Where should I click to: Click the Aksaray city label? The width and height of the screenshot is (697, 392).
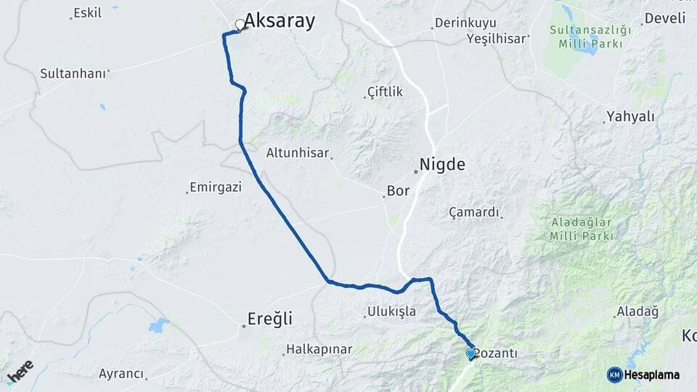[x=280, y=21]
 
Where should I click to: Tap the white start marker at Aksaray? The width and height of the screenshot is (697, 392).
[x=240, y=25]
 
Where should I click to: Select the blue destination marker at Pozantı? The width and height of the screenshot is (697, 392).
[x=470, y=354]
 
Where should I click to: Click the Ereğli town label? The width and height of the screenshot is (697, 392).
[x=269, y=319]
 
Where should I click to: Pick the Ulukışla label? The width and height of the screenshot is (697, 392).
[x=391, y=311]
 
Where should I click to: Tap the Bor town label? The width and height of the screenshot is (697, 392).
[x=399, y=191]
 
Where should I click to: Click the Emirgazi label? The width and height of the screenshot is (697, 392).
[x=215, y=187]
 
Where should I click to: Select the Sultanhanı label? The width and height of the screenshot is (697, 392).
[x=73, y=73]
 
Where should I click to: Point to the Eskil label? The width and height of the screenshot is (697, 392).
[x=88, y=13]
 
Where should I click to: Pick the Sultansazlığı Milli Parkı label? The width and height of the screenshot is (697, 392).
[x=590, y=36]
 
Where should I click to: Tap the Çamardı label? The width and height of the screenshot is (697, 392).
[x=474, y=212]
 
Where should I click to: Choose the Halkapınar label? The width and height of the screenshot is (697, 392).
[x=319, y=349]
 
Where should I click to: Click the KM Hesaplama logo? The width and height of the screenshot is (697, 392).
[x=643, y=375]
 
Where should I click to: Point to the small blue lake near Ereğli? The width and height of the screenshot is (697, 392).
[x=158, y=325]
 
